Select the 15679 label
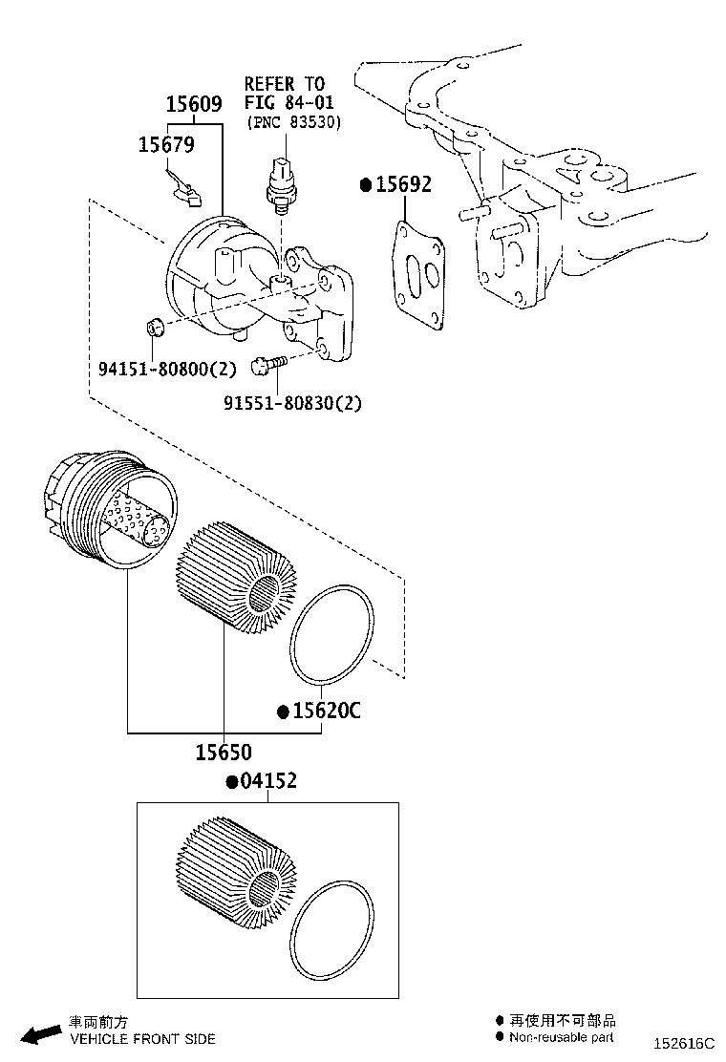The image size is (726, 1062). point(166,144)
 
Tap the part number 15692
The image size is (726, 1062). point(402,184)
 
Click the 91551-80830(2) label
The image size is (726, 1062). point(292,403)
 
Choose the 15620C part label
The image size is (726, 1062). point(326,712)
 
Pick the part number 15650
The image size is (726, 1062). point(224,753)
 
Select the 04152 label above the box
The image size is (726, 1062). point(267,781)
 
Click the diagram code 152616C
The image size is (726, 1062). point(684,1045)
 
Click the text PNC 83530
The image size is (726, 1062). point(293,122)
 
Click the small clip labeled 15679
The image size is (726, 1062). point(186,191)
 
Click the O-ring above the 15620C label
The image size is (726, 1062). point(332,636)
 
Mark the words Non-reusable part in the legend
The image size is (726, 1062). point(562,1037)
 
